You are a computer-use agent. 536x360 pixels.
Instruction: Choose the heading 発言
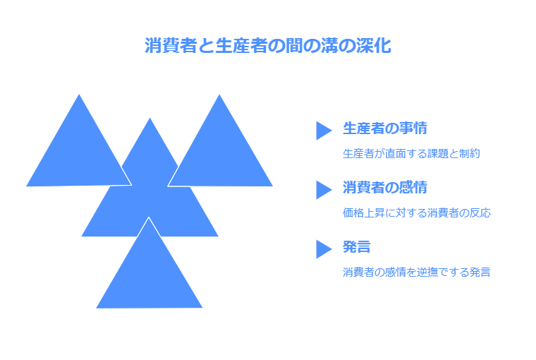click(x=357, y=247)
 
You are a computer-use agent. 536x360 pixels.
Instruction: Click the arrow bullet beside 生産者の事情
click(x=323, y=131)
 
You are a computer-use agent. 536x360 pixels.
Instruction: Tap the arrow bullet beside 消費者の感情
click(x=323, y=190)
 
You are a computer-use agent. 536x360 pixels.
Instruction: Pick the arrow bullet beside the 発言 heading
click(x=323, y=249)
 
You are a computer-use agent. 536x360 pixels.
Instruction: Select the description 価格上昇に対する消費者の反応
click(x=416, y=212)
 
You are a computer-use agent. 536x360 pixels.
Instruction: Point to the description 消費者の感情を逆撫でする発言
click(x=416, y=272)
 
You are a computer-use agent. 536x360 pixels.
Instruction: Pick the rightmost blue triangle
click(x=220, y=155)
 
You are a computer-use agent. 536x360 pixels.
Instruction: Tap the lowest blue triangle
click(x=150, y=279)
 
